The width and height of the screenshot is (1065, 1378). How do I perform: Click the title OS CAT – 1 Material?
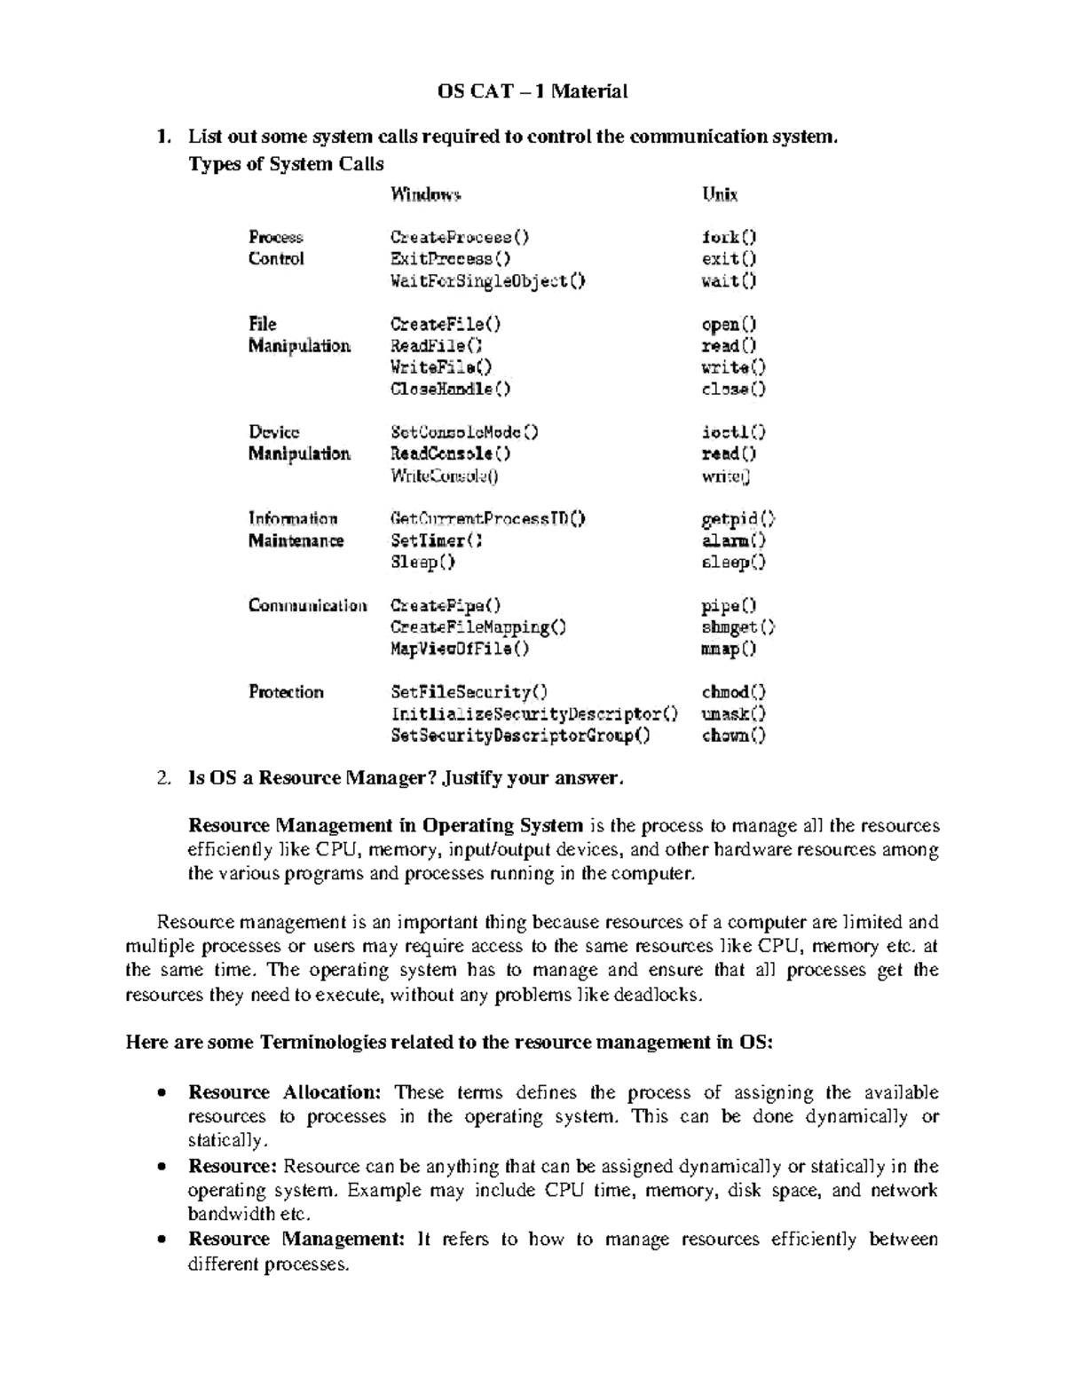pos(532,91)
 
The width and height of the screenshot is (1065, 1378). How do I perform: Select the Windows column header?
pos(425,194)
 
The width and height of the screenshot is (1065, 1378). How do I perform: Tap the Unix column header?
pos(720,194)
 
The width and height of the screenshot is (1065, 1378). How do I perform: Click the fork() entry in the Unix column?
pos(729,237)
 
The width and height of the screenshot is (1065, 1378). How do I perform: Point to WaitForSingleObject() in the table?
pos(488,280)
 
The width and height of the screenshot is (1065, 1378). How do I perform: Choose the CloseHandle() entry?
pos(451,389)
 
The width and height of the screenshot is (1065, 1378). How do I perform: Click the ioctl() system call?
pos(733,432)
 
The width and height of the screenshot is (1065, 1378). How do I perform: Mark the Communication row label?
pos(307,605)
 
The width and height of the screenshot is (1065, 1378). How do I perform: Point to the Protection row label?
pos(286,692)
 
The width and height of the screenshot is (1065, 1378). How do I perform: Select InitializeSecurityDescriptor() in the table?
pos(534,713)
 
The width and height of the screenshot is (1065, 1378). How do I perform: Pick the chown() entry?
pos(733,736)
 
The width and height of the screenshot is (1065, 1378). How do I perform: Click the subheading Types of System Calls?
pos(286,164)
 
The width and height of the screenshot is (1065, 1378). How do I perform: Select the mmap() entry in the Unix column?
pos(729,649)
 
